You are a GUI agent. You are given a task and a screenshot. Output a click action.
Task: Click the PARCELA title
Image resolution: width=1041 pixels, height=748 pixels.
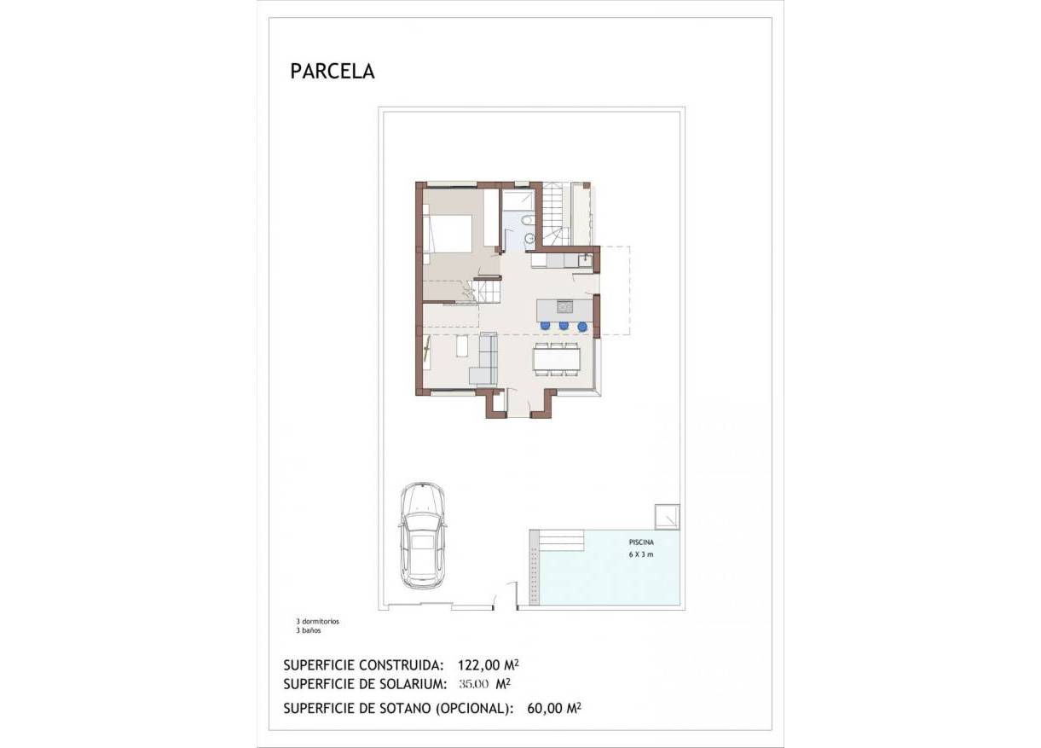pyautogui.click(x=333, y=71)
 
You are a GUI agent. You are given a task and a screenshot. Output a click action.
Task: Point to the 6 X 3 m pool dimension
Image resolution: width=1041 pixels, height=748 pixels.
pyautogui.click(x=639, y=554)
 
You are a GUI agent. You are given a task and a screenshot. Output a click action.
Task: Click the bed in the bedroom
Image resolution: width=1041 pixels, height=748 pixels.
pyautogui.click(x=448, y=233)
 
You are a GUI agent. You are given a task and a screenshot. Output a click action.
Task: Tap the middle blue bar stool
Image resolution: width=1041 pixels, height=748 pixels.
pyautogui.click(x=564, y=325)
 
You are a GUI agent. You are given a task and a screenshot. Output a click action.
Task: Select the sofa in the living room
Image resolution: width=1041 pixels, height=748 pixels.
pyautogui.click(x=484, y=362)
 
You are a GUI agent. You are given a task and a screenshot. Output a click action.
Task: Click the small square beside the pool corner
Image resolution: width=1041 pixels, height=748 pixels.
pyautogui.click(x=666, y=516)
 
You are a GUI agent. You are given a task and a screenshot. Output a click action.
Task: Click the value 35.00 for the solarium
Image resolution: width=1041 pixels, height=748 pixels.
pyautogui.click(x=473, y=683)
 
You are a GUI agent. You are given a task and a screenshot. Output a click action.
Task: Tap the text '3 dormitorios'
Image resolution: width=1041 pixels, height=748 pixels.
pyautogui.click(x=316, y=622)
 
